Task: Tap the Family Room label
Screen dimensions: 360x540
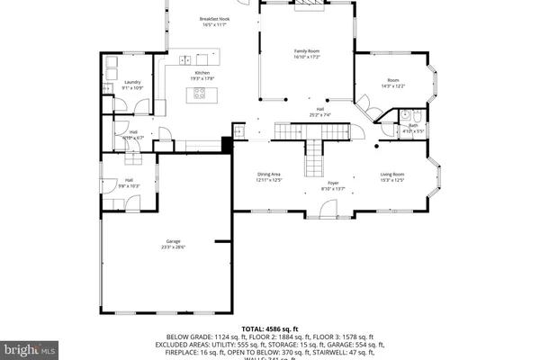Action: (307, 52)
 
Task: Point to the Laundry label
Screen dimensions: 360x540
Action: (132, 82)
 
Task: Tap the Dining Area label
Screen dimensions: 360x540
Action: (269, 174)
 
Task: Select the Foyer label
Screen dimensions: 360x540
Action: (333, 183)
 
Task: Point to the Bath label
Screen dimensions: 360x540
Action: (413, 125)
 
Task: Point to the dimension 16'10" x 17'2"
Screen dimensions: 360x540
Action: (307, 58)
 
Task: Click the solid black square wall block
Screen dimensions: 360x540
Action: (227, 143)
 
